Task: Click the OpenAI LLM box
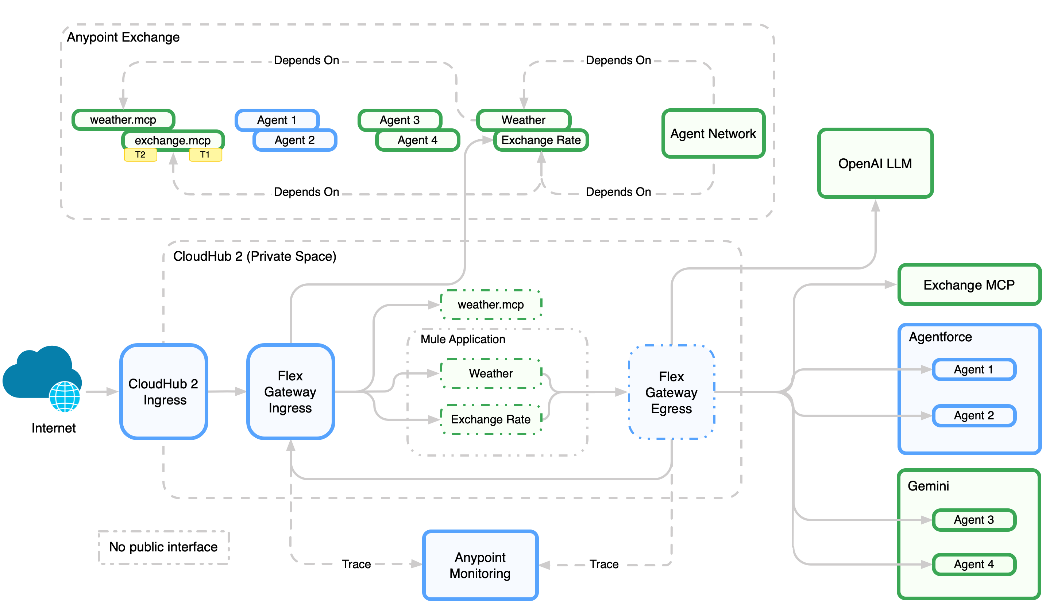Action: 875,163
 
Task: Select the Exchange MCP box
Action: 969,285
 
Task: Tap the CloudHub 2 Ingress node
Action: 163,391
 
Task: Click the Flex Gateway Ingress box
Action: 290,391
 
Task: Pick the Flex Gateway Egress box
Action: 671,392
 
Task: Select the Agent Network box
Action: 713,133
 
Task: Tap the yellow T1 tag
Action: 205,155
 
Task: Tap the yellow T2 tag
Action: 140,155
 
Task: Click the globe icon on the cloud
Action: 65,397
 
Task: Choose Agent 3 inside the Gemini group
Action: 973,520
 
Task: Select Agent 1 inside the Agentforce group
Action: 973,369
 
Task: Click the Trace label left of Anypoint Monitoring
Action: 356,564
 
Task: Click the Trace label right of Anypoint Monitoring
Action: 603,564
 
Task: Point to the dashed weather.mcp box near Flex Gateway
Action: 491,305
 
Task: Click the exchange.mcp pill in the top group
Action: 173,140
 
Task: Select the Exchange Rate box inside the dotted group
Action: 491,419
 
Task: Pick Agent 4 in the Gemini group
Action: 973,564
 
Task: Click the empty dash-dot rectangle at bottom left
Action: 163,547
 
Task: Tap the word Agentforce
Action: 940,337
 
